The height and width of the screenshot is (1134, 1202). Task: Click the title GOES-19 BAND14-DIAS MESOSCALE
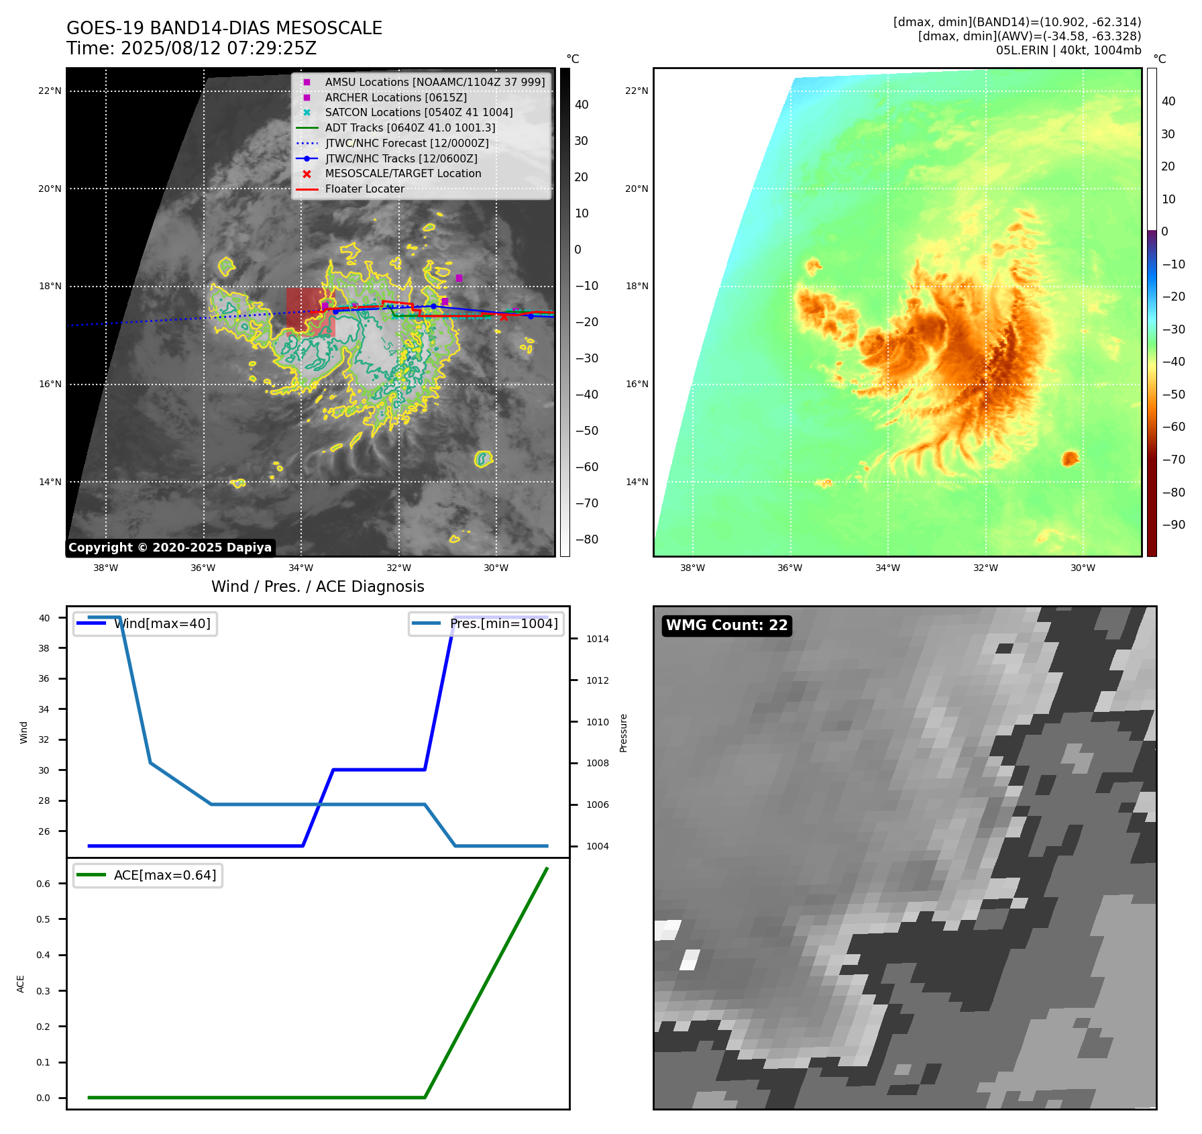pos(224,28)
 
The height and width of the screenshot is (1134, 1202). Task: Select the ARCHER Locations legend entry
pos(396,97)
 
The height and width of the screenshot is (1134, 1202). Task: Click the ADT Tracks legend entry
pos(410,127)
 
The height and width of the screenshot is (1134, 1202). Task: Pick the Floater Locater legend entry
pos(364,189)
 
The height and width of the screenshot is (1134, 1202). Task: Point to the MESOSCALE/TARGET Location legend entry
pos(402,174)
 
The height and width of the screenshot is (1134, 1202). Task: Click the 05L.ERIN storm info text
pos(1068,50)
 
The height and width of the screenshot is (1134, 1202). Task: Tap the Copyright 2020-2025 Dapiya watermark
pos(170,548)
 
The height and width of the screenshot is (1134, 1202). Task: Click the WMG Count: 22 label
pos(726,625)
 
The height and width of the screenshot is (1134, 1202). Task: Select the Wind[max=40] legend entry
pos(162,623)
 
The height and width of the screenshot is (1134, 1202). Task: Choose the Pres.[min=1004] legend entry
pos(503,623)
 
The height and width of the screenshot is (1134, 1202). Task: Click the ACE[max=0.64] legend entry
pos(164,875)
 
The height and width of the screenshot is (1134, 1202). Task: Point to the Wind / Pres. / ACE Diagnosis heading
pos(317,586)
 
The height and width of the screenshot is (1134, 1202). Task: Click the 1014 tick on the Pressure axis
pos(597,639)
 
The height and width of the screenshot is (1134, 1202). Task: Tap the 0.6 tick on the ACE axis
pos(43,884)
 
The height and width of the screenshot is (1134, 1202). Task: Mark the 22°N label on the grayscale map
pos(50,91)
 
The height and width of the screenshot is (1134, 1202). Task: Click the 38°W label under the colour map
pos(692,568)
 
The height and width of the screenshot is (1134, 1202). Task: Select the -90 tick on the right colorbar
pos(1173,525)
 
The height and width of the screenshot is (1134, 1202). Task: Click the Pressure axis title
pos(623,733)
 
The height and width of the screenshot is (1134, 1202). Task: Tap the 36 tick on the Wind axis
pos(44,678)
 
